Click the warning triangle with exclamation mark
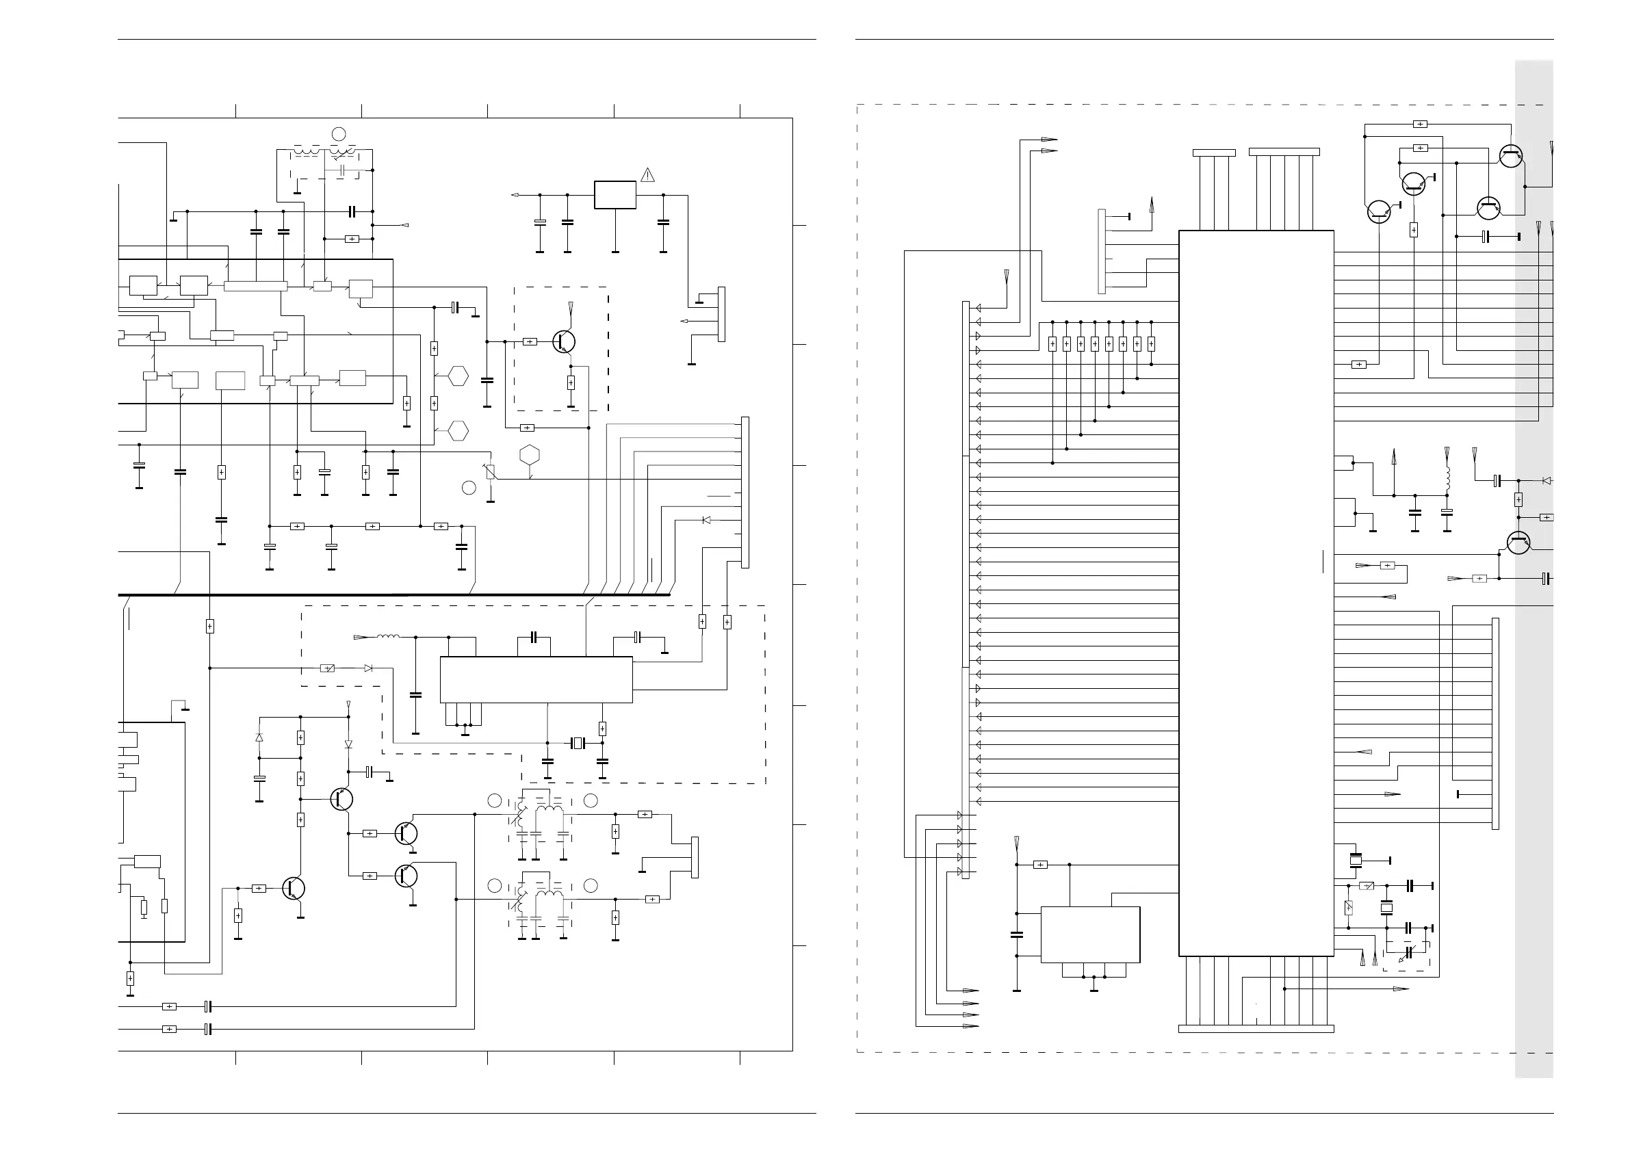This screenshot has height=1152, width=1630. tap(647, 174)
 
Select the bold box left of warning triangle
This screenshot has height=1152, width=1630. tap(615, 194)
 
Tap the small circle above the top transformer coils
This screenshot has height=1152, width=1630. tap(339, 133)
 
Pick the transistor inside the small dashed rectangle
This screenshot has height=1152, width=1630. tap(564, 342)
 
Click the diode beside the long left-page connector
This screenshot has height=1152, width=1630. tap(706, 521)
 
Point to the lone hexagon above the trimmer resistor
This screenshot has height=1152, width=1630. tap(530, 455)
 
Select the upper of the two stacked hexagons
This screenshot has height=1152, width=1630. tap(458, 376)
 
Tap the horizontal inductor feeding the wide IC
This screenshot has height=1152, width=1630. tap(387, 637)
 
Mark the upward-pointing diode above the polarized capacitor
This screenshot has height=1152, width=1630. tap(259, 738)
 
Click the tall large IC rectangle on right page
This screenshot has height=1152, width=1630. tap(1256, 592)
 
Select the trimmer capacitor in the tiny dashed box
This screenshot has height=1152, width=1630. tap(1410, 953)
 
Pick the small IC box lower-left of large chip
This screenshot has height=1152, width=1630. tap(1089, 934)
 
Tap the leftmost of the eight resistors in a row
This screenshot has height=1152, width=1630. tap(1052, 344)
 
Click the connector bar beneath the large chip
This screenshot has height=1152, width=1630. tap(1256, 1028)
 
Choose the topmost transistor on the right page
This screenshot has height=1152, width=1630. tap(1511, 157)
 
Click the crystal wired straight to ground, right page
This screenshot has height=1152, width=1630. tap(1356, 861)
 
